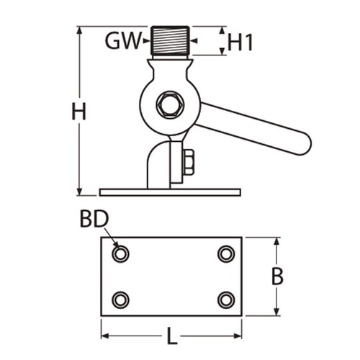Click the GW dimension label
coord(122,41)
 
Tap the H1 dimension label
coord(240,42)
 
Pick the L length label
coord(171,336)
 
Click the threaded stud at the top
coord(171,42)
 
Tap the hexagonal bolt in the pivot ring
coord(171,105)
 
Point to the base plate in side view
coord(170,192)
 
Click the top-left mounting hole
coord(120,253)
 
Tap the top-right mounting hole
coord(226,253)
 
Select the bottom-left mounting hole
coord(120,299)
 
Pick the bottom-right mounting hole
coord(226,299)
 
